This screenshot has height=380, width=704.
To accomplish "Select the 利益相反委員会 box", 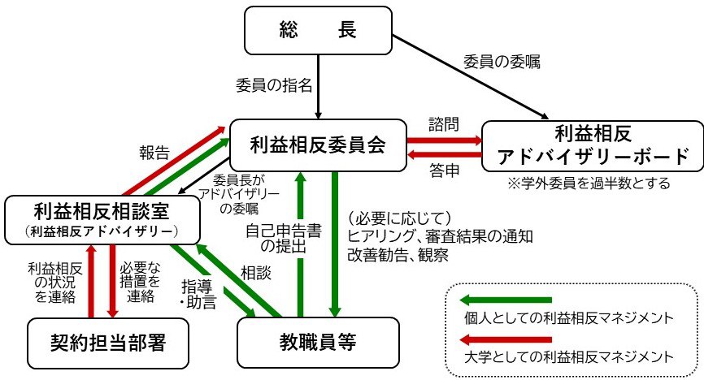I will coord(317,147).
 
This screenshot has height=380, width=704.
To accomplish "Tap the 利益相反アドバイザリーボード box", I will coord(589,145).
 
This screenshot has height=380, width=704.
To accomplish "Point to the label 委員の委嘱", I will coord(502,60).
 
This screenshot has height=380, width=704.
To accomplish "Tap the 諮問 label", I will coord(442,124).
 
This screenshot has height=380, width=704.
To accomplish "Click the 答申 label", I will coord(442,170).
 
